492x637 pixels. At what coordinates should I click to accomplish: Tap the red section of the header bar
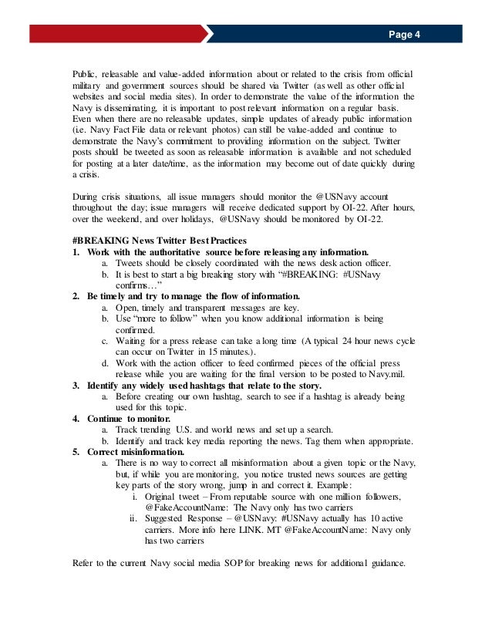[108, 35]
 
